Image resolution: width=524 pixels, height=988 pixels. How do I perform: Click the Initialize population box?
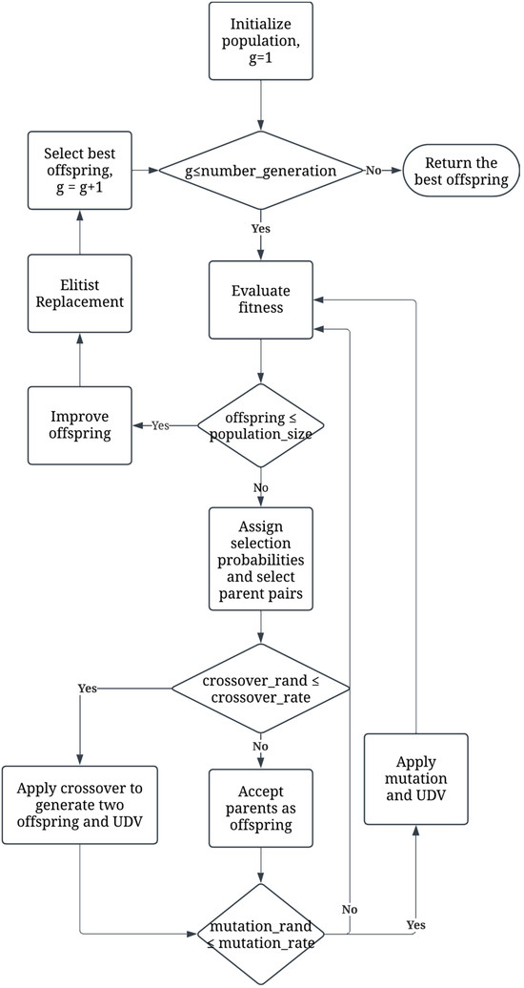click(x=260, y=41)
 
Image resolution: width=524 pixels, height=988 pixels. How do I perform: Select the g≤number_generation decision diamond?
click(x=260, y=171)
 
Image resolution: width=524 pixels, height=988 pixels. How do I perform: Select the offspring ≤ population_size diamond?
click(x=260, y=425)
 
